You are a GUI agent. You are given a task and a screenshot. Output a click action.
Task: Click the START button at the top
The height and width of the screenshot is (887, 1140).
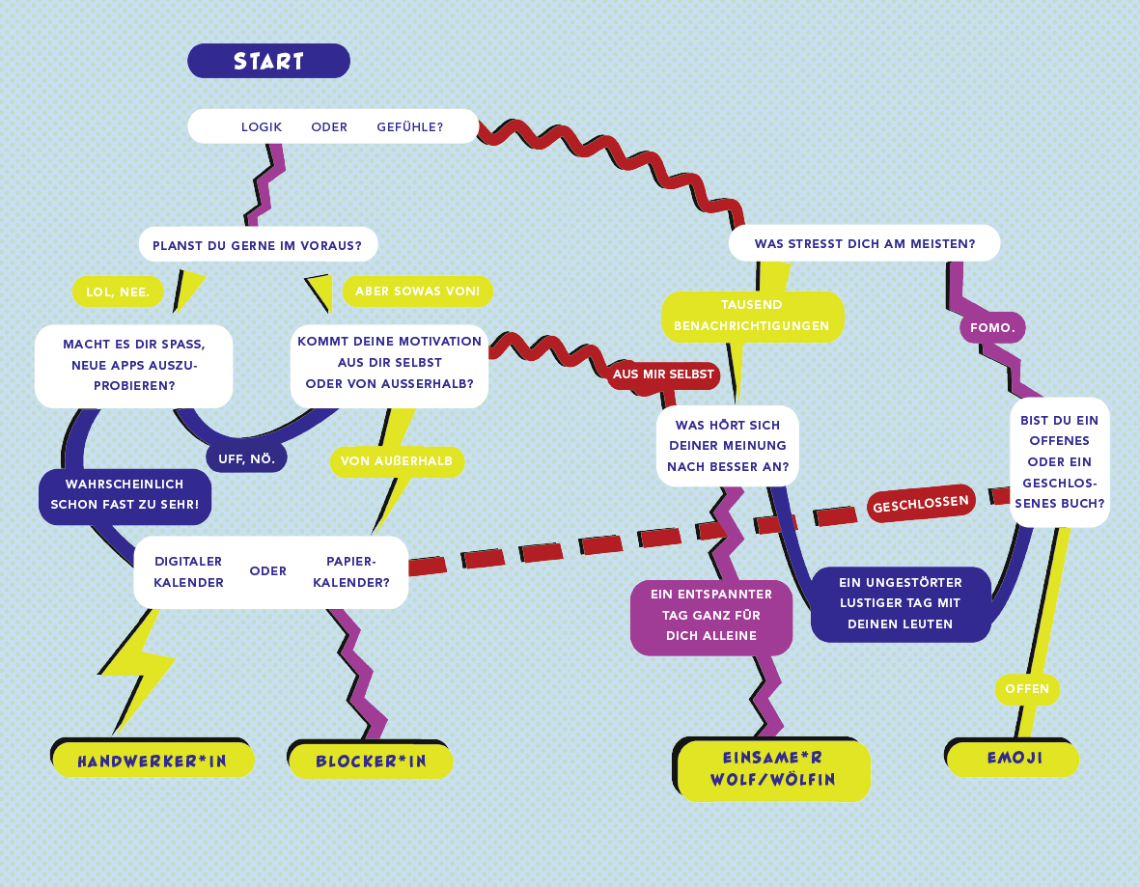268,61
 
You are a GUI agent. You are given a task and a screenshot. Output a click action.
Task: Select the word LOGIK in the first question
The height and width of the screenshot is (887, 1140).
262,126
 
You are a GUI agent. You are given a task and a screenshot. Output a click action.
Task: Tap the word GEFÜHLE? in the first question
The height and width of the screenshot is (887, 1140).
410,126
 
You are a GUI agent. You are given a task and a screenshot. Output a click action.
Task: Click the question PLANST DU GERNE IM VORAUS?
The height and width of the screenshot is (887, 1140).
257,245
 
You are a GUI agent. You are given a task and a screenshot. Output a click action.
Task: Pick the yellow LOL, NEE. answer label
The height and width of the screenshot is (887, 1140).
118,291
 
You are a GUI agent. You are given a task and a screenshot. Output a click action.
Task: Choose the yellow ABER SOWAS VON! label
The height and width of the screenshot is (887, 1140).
417,291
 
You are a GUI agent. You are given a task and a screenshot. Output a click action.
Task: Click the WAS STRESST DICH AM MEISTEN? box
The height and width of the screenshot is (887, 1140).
864,243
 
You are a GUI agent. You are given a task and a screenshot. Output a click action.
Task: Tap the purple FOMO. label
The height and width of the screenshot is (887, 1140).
992,327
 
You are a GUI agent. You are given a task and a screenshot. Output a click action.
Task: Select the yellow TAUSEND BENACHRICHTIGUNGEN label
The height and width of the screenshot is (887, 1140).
752,316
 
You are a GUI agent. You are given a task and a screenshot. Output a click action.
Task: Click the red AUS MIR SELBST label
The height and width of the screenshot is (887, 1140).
663,374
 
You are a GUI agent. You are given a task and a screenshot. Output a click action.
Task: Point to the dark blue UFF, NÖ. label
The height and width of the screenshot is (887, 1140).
246,458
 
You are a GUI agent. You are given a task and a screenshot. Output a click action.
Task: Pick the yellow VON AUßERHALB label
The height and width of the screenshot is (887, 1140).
397,461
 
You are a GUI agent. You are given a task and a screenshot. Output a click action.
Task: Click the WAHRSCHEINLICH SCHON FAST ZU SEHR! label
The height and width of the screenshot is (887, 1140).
125,494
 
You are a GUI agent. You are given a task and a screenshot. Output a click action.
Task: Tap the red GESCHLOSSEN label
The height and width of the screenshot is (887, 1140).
921,503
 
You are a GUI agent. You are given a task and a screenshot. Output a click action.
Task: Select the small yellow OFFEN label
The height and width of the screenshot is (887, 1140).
1027,689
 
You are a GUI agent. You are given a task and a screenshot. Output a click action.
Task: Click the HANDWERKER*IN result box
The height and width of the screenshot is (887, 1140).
153,761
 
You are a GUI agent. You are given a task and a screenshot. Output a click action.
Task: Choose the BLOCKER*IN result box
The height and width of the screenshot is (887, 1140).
371,762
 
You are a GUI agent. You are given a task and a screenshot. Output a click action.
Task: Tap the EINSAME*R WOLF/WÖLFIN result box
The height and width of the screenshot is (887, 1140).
772,768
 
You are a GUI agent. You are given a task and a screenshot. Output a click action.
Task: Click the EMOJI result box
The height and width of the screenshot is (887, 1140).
1014,759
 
